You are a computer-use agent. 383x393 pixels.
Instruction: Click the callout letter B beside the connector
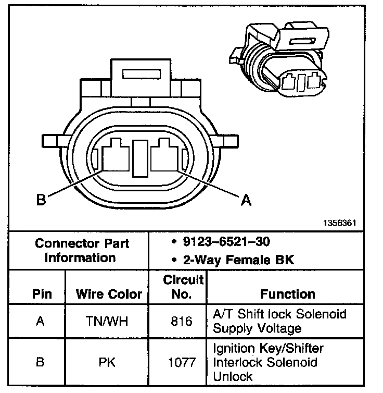pyautogui.click(x=41, y=200)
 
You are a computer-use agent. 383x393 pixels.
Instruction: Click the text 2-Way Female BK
pyautogui.click(x=234, y=259)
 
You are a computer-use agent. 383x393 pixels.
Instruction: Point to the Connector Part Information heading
pyautogui.click(x=82, y=250)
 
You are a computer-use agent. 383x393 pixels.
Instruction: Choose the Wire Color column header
pyautogui.click(x=109, y=294)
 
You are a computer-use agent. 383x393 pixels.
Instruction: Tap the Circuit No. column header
pyautogui.click(x=183, y=287)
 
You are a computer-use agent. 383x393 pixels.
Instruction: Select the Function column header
pyautogui.click(x=287, y=294)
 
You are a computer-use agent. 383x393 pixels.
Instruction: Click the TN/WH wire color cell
pyautogui.click(x=109, y=322)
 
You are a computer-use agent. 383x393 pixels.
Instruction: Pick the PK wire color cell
pyautogui.click(x=109, y=362)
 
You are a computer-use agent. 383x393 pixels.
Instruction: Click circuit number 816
pyautogui.click(x=182, y=322)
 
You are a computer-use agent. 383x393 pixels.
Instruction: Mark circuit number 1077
pyautogui.click(x=182, y=362)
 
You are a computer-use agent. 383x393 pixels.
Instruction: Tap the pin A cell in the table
pyautogui.click(x=40, y=322)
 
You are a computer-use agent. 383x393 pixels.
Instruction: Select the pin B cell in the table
pyautogui.click(x=40, y=362)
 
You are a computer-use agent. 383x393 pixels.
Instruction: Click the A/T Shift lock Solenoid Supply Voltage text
pyautogui.click(x=279, y=322)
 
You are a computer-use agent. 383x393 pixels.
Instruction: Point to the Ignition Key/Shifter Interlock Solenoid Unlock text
pyautogui.click(x=268, y=362)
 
